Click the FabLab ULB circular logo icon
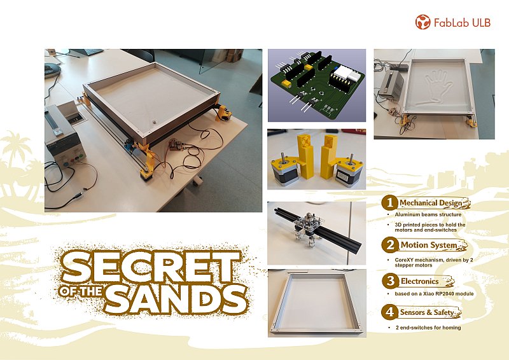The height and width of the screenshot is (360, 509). pyautogui.click(x=422, y=22)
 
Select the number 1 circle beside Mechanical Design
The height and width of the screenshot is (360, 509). pyautogui.click(x=389, y=203)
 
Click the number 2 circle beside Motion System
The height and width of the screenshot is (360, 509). pyautogui.click(x=389, y=245)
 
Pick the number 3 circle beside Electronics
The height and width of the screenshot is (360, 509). pyautogui.click(x=389, y=281)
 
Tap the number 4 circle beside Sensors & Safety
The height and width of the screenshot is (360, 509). pyautogui.click(x=389, y=312)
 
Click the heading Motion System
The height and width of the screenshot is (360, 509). pyautogui.click(x=429, y=245)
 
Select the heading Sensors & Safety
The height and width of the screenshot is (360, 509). pyautogui.click(x=427, y=312)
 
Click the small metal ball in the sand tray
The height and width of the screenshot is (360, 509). pyautogui.click(x=154, y=122)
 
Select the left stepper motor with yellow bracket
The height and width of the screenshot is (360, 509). pyautogui.click(x=283, y=170)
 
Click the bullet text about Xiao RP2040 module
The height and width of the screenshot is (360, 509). pyautogui.click(x=434, y=294)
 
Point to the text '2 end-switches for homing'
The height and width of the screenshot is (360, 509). pyautogui.click(x=428, y=328)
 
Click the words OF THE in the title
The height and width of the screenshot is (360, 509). pyautogui.click(x=81, y=291)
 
